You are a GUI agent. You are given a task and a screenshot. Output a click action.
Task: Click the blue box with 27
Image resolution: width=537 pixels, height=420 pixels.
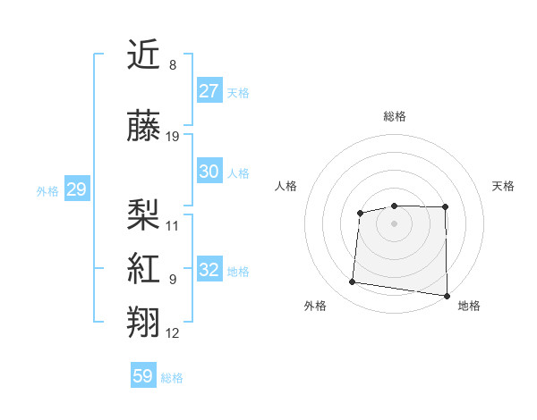(209, 91)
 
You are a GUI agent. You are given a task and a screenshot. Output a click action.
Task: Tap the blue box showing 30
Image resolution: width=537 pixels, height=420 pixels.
(209, 172)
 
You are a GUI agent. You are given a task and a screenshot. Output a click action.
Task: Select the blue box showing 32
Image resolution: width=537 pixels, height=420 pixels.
(209, 270)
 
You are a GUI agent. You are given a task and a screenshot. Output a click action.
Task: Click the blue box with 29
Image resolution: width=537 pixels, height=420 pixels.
(76, 189)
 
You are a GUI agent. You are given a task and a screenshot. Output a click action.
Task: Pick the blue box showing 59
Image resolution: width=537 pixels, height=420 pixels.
(143, 376)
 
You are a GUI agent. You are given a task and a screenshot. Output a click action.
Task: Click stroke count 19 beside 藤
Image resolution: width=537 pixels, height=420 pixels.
(173, 137)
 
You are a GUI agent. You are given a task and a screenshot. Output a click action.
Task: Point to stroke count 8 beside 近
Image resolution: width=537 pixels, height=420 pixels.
(173, 64)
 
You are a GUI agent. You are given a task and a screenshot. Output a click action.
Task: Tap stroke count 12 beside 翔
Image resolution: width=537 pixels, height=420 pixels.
(173, 333)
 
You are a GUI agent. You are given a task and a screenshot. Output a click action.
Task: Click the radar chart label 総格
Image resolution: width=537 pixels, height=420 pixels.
(394, 116)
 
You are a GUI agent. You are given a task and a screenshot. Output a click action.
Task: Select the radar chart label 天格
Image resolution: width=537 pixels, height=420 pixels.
(503, 186)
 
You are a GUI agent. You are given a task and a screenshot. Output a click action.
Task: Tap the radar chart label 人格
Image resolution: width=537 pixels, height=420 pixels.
(286, 186)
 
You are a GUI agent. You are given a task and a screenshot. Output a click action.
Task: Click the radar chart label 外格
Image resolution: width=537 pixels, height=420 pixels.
(315, 306)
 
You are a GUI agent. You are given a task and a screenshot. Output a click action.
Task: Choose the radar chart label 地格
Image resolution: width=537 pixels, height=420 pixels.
(469, 306)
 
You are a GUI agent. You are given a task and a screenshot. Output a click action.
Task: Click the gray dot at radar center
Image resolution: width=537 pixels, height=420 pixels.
(394, 223)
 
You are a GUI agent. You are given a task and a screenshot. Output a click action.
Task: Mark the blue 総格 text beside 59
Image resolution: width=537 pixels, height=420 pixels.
(172, 378)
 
